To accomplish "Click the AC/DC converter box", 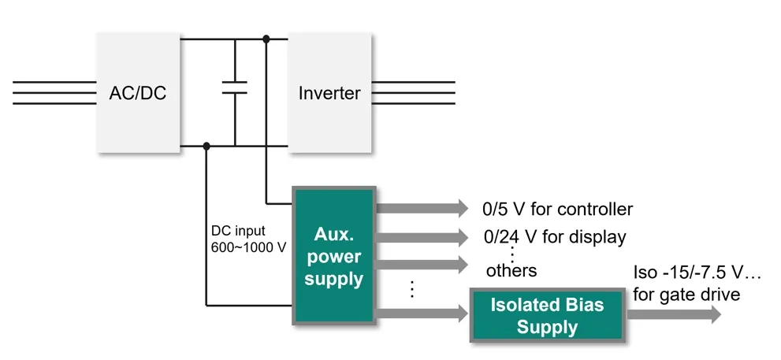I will tap(138, 92).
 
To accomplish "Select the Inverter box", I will tap(329, 92).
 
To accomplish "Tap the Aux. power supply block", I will tap(334, 255).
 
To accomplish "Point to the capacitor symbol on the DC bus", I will tap(234, 87).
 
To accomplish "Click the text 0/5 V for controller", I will tap(557, 210).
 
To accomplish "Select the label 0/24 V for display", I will tap(554, 236).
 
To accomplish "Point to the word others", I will tap(511, 271).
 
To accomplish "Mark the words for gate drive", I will tap(686, 295).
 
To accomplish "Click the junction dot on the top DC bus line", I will tap(266, 38).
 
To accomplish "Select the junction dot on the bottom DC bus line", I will tap(206, 146).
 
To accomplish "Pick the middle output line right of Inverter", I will tap(413, 92).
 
